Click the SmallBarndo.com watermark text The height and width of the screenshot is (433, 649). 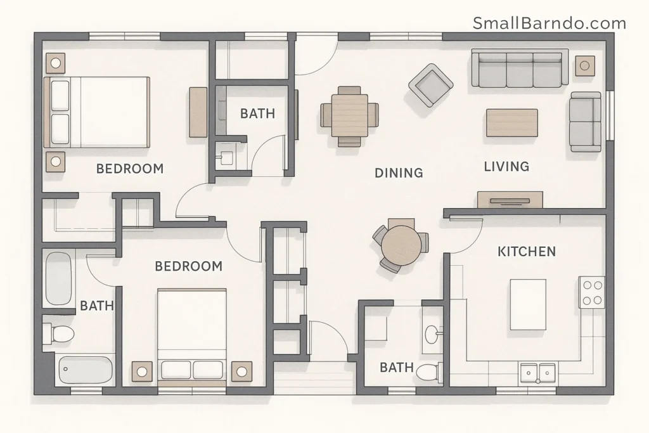[x=549, y=23]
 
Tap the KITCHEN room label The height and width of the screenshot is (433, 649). [x=527, y=252]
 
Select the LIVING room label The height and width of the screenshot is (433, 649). [x=506, y=167]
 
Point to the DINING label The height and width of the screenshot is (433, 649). [x=399, y=172]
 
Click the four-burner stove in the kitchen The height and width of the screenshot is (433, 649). [x=592, y=292]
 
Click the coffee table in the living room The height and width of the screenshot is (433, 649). [x=511, y=122]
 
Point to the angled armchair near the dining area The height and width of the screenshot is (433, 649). [x=431, y=84]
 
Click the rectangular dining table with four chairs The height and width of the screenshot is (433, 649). [x=350, y=116]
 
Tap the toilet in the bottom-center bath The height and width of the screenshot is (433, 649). [x=430, y=373]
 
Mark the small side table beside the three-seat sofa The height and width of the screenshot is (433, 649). [x=585, y=65]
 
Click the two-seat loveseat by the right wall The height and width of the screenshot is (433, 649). [x=586, y=122]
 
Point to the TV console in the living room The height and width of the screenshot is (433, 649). [x=510, y=199]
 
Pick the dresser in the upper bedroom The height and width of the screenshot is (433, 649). [x=198, y=112]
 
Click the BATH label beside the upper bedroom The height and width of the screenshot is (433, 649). [x=257, y=113]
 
